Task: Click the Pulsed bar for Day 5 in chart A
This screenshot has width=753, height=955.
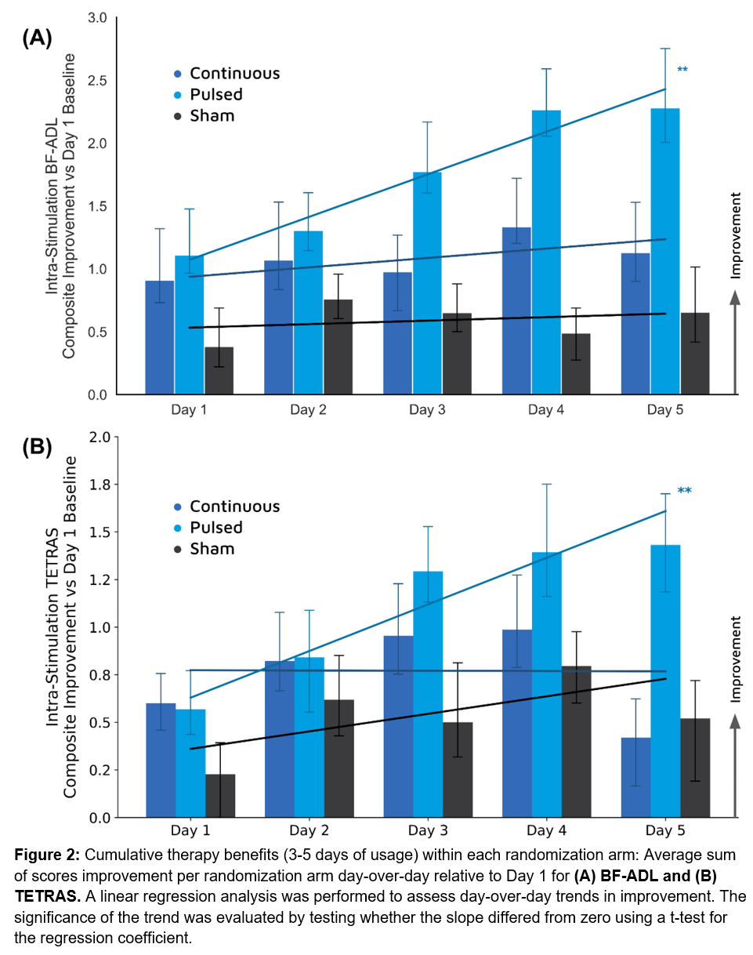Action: tap(664, 251)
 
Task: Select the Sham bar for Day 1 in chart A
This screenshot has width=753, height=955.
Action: tap(219, 370)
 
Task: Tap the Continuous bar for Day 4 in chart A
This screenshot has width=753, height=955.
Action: tap(516, 310)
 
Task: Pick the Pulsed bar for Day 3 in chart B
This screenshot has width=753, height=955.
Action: tap(428, 694)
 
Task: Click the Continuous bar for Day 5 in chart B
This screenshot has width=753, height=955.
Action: tap(635, 777)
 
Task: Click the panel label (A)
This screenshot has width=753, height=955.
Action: tap(37, 38)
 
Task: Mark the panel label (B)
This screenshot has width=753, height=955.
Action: tap(37, 448)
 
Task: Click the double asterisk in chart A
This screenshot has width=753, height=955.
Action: tap(682, 71)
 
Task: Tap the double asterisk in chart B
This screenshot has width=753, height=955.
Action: tap(684, 492)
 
